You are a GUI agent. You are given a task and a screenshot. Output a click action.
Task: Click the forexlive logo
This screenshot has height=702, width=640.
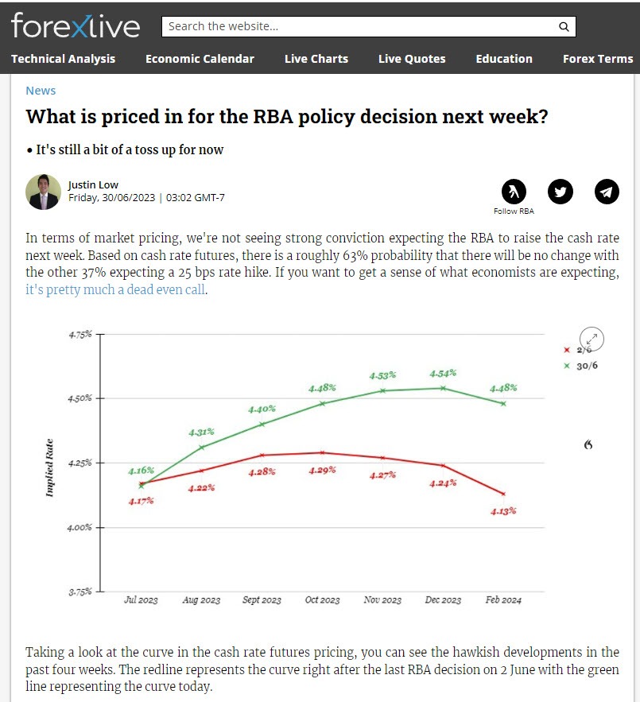76,25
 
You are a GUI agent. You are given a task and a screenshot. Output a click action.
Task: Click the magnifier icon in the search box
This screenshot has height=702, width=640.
564,26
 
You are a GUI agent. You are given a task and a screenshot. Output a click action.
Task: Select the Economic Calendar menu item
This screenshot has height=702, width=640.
200,59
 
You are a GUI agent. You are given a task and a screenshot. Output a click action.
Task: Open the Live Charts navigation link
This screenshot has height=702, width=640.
316,59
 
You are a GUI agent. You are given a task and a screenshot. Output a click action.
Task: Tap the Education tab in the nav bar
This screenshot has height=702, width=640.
503,59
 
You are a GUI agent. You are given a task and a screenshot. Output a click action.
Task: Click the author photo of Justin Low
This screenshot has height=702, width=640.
43,192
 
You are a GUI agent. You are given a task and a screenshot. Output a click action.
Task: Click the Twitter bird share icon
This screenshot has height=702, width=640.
560,192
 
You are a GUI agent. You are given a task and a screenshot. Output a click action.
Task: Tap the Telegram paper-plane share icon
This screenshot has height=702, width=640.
607,192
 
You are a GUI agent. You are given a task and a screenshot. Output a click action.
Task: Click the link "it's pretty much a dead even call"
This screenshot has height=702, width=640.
116,290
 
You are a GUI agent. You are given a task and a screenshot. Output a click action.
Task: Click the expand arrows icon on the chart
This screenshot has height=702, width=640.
592,339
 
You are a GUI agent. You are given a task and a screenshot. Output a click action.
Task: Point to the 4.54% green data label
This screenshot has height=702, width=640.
444,373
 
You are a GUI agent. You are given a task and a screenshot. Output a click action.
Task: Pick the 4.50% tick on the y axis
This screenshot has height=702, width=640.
80,398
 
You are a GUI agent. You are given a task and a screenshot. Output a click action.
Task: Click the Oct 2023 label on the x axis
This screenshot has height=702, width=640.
322,600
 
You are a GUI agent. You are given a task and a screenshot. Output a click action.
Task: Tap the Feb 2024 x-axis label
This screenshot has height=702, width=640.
503,600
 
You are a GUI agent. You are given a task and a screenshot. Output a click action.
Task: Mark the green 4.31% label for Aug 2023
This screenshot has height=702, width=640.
201,432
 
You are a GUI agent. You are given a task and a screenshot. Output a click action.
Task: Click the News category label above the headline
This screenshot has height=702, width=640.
41,91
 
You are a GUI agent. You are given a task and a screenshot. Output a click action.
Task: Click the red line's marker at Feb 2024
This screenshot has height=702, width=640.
503,494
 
